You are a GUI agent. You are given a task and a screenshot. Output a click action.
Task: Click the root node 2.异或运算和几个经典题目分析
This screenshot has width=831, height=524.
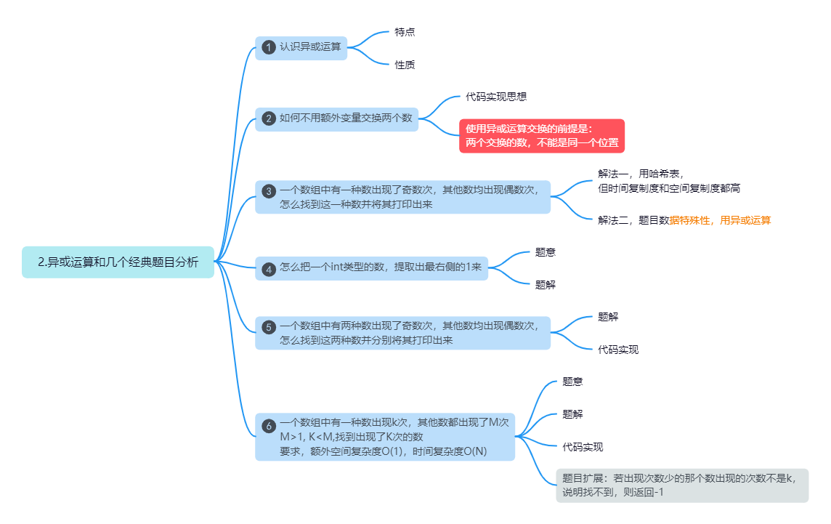tap(118, 262)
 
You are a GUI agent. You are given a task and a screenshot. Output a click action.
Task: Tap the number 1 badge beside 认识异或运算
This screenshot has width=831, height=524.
tap(268, 48)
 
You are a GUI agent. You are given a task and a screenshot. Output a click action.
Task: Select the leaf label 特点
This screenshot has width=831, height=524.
tap(405, 32)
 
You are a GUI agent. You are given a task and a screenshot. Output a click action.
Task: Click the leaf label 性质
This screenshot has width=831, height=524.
tap(405, 65)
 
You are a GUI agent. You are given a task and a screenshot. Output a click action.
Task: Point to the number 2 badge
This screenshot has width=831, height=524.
tap(268, 118)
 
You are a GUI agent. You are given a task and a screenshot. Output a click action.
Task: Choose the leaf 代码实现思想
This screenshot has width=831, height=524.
tap(496, 97)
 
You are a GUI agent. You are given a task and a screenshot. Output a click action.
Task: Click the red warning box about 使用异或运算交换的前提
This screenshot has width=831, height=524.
tap(542, 136)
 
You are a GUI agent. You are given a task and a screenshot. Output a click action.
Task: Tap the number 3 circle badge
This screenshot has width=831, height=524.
tap(268, 191)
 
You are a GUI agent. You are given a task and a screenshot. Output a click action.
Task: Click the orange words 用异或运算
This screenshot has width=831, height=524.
tap(745, 219)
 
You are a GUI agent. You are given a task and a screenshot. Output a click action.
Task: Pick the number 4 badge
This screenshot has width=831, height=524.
tap(268, 269)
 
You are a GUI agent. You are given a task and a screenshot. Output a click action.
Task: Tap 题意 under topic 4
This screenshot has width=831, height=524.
tap(546, 252)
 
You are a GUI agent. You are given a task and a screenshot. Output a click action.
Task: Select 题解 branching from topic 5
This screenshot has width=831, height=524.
tap(608, 317)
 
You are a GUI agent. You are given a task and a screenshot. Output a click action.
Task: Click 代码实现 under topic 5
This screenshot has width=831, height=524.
tap(618, 350)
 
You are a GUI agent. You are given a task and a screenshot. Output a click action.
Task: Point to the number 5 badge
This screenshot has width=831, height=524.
tap(268, 327)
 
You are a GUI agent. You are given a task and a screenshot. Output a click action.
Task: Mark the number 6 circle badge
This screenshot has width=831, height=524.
tap(268, 426)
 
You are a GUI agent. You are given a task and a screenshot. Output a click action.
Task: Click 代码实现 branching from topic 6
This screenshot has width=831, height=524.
tap(583, 447)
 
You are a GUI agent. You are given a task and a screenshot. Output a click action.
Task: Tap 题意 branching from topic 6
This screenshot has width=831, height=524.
tap(572, 382)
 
